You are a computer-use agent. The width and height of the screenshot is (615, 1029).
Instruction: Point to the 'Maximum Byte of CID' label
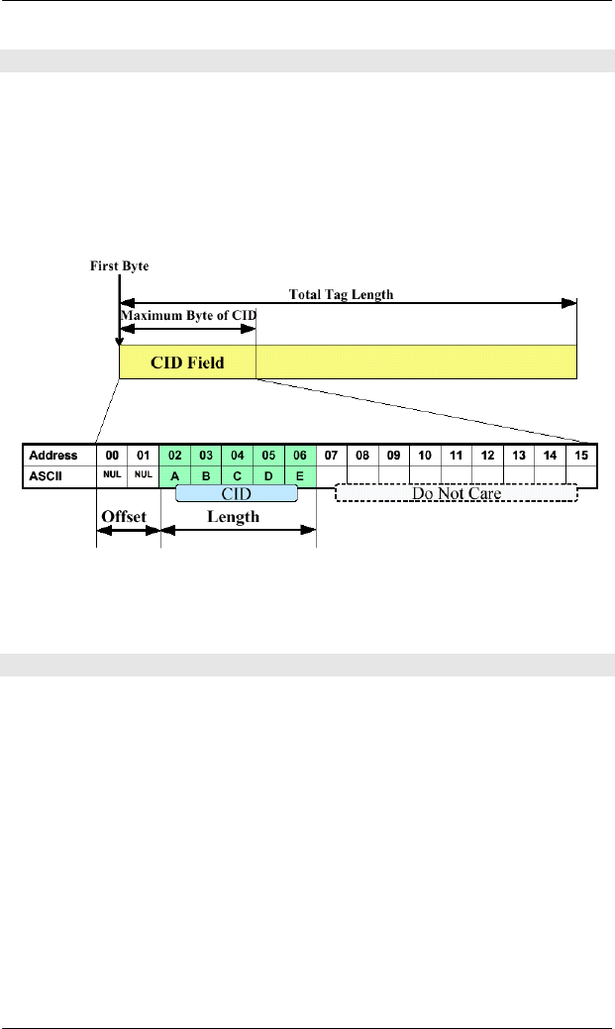coord(188,316)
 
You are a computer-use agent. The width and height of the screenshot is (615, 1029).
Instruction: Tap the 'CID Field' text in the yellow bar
coord(187,362)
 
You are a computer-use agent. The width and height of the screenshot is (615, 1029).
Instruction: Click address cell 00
coord(112,455)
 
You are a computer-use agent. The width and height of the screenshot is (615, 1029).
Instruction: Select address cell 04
coord(238,455)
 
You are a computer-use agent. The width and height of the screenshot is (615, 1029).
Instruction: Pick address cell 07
coord(331,455)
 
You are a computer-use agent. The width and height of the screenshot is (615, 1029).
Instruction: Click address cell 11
coord(456,455)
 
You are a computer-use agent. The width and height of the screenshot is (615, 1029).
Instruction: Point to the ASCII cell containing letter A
coord(175,475)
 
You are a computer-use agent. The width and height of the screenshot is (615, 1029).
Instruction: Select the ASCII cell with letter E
coord(300,475)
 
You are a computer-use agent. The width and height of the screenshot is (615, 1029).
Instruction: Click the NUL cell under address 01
coord(144,474)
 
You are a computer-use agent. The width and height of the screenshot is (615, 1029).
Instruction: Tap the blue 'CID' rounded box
coord(237,493)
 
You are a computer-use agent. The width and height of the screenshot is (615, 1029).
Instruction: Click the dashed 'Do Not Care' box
coord(456,493)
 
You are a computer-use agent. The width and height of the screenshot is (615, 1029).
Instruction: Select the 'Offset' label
coord(127,516)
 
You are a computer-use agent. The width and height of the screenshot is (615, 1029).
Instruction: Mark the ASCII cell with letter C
coord(238,475)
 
